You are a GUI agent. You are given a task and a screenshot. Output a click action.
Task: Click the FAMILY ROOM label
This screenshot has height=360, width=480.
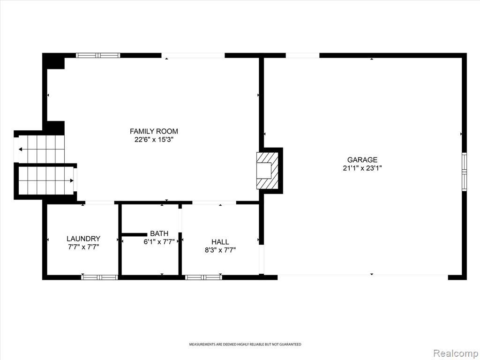tap(154, 131)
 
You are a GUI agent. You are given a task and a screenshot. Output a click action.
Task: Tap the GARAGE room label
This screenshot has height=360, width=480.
tap(362, 159)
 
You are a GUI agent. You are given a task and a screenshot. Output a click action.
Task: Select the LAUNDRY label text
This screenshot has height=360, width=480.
tap(83, 239)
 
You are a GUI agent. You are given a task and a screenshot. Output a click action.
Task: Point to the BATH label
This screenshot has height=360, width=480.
tap(159, 233)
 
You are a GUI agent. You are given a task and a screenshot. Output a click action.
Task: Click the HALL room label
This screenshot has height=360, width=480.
tap(220, 242)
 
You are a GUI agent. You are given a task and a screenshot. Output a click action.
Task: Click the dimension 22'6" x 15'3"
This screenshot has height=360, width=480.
tap(154, 140)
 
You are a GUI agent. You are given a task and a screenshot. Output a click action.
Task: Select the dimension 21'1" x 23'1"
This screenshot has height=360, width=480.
tap(362, 168)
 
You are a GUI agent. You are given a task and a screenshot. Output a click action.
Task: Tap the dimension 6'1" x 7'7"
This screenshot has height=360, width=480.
tap(159, 242)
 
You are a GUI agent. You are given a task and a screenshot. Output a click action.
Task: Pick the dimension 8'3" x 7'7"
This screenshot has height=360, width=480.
tap(220, 250)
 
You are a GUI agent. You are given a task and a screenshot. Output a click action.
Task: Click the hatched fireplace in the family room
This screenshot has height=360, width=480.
tap(267, 171)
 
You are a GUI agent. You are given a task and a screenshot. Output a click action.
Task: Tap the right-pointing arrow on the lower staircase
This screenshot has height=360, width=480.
tap(46, 180)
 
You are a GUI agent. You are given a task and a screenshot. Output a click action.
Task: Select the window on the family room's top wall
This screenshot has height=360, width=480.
tap(98, 55)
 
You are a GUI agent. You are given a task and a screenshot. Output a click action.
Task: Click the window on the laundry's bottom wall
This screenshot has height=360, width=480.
tap(99, 277)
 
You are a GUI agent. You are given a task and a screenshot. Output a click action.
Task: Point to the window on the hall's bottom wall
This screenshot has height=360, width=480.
tap(203, 277)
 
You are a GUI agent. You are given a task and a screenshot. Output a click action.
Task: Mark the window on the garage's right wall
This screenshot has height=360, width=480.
tap(465, 172)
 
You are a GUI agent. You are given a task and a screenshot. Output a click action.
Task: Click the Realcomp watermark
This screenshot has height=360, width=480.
tap(455, 353)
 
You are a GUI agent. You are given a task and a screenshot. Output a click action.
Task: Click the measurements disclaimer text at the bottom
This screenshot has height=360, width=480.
tap(245, 345)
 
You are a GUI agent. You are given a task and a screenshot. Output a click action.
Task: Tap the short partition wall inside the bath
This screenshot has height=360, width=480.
tap(135, 234)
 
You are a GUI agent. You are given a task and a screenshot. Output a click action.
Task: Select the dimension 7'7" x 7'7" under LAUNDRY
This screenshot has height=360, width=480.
tap(83, 247)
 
